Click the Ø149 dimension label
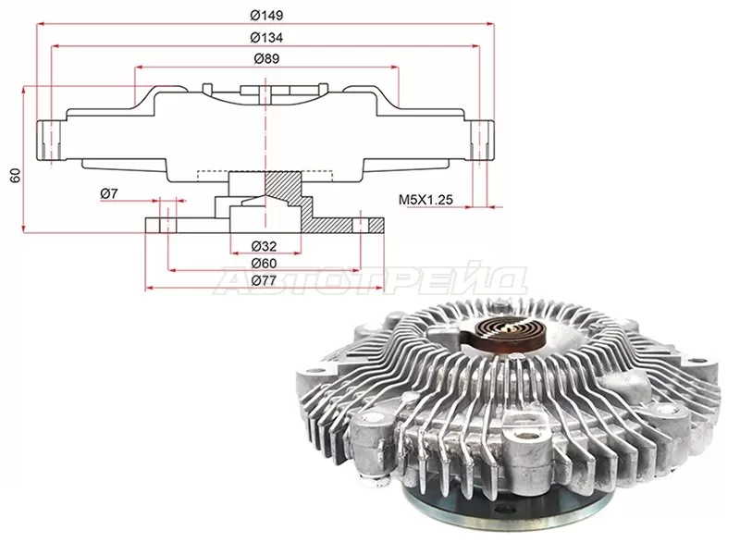click(266, 16)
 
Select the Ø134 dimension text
click(266, 38)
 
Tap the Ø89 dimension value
click(266, 59)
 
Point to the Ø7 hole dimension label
click(109, 193)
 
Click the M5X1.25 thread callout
click(425, 200)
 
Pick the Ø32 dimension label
click(264, 246)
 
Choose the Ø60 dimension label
click(264, 264)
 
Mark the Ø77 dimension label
click(264, 281)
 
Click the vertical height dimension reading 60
click(16, 175)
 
